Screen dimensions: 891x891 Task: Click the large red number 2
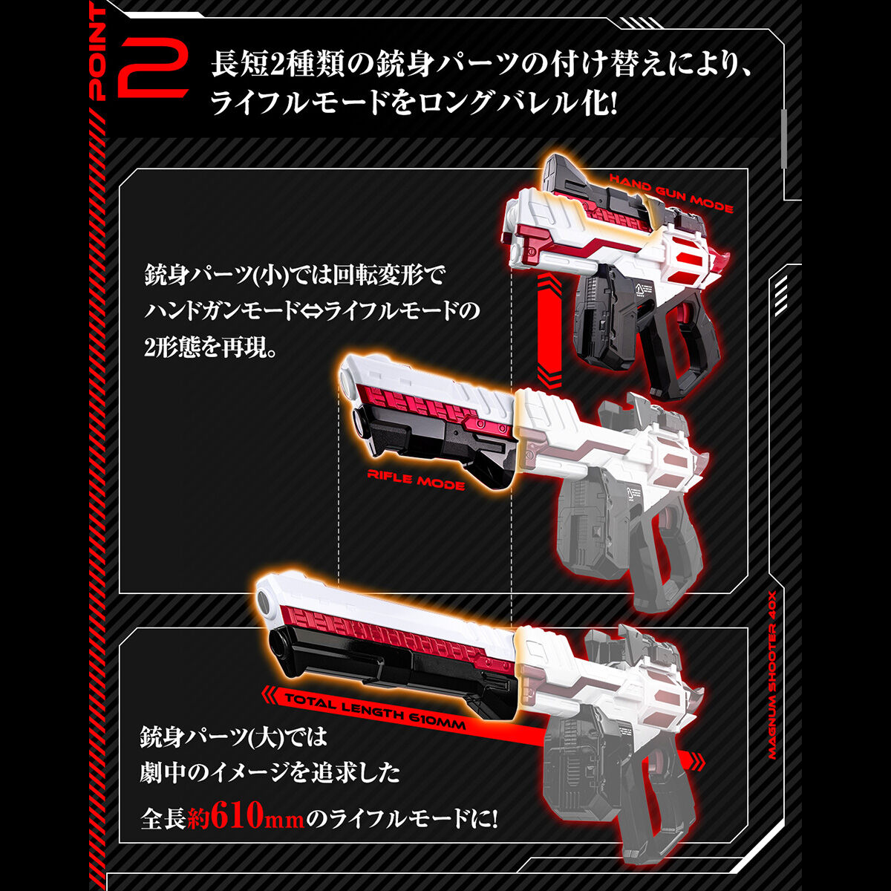click(154, 68)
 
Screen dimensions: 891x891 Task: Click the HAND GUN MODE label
click(670, 192)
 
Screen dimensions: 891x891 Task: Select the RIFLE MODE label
click(416, 479)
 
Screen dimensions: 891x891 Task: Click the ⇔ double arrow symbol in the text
click(309, 311)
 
